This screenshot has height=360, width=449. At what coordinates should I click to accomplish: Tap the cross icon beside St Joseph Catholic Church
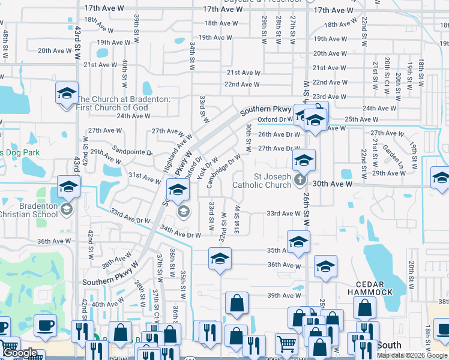point(301,179)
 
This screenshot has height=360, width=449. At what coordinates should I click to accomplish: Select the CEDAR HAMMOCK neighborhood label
point(370,288)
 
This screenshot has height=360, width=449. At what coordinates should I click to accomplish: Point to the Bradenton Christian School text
point(29,210)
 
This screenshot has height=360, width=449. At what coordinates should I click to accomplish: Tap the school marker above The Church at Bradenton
point(67,94)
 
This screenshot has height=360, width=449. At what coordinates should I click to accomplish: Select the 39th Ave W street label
point(284,295)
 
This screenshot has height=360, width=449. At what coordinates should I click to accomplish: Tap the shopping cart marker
point(286,344)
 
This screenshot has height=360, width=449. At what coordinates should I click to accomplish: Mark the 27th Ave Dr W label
point(279,148)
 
